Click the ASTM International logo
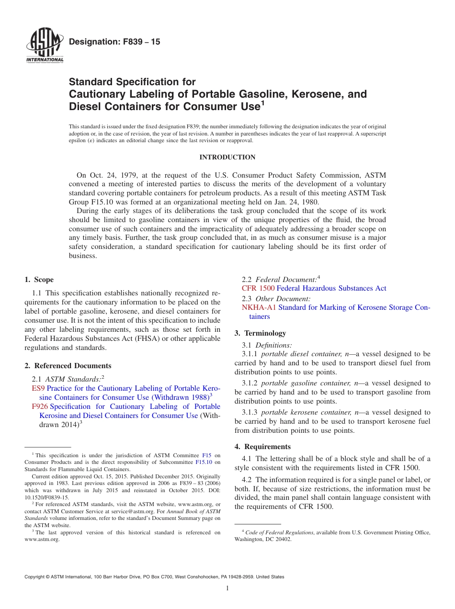coord(45,46)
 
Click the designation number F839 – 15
coord(115,42)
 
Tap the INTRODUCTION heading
coord(227,157)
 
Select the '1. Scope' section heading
coord(39,280)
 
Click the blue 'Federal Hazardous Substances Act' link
coord(331,288)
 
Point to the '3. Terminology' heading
coord(260,333)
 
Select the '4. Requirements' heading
coord(262,446)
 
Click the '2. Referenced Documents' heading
coord(68,365)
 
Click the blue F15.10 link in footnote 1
coord(204,462)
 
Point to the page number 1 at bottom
coord(227,588)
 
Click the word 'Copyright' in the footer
coord(35,577)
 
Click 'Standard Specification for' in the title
coord(132,82)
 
